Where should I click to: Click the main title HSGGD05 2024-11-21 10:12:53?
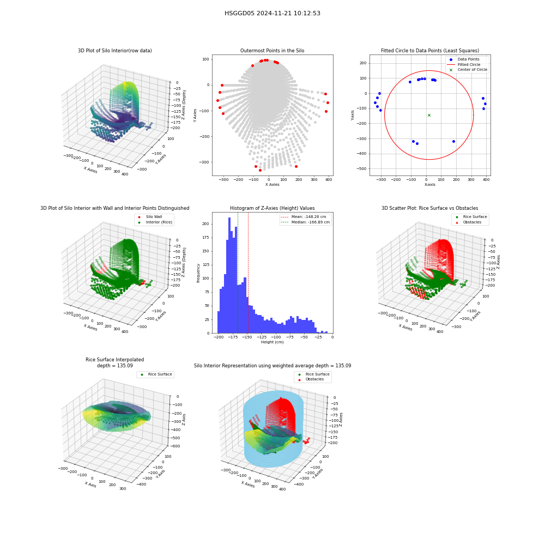click(x=272, y=13)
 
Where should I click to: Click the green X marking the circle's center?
click(x=429, y=115)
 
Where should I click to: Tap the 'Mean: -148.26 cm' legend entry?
click(x=303, y=216)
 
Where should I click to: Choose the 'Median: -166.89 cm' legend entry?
click(x=305, y=222)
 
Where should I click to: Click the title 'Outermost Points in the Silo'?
click(x=272, y=50)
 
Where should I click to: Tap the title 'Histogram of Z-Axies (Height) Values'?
click(x=272, y=208)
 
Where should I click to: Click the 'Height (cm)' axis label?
click(x=272, y=342)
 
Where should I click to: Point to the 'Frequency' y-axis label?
click(x=198, y=273)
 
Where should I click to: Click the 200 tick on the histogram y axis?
click(x=206, y=224)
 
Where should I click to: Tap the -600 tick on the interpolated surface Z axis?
click(x=175, y=446)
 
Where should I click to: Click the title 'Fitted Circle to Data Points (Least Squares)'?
click(x=430, y=50)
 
